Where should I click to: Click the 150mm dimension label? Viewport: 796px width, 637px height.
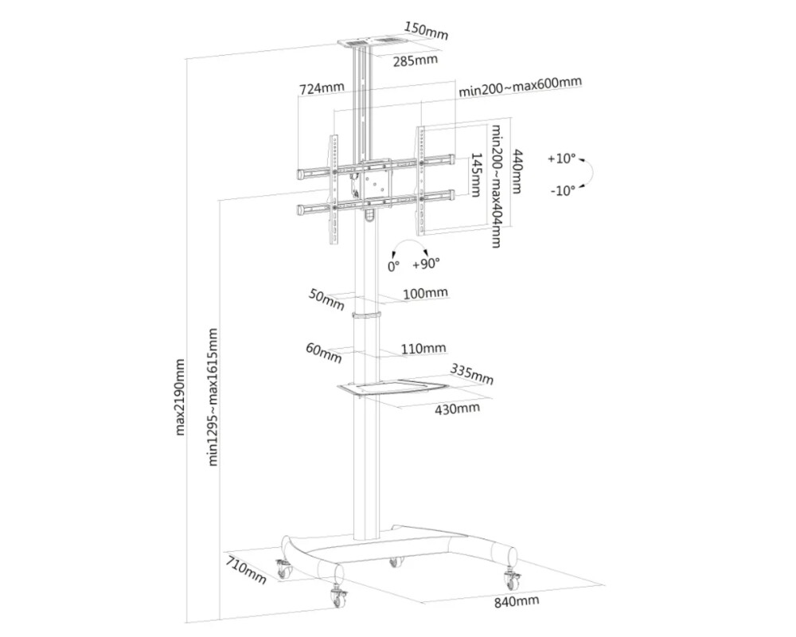click(x=426, y=31)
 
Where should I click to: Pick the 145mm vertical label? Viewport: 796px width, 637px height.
click(x=475, y=176)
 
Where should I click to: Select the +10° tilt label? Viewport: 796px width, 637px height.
click(x=561, y=158)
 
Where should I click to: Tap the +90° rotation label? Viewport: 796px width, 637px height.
click(x=426, y=264)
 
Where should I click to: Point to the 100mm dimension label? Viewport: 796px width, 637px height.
click(x=426, y=294)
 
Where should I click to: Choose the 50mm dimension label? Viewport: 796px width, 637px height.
click(x=327, y=299)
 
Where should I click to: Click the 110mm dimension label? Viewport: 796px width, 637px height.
click(x=423, y=348)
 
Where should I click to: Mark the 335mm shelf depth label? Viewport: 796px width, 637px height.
click(x=471, y=372)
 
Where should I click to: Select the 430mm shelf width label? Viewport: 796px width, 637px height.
click(x=457, y=408)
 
